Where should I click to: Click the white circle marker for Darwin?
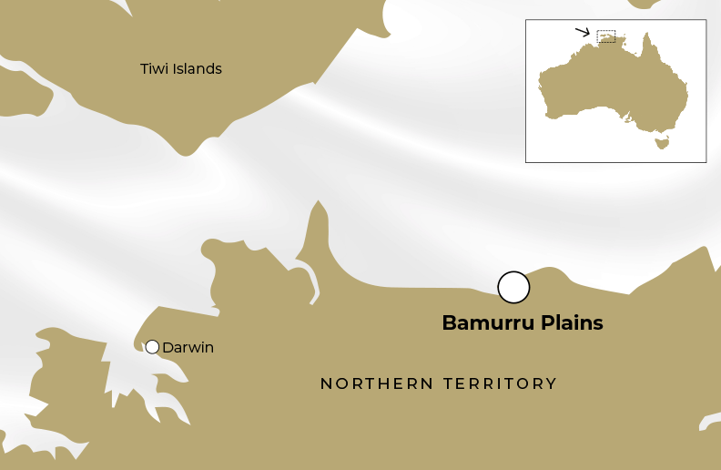click(152, 347)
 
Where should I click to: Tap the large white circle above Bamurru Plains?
click(513, 287)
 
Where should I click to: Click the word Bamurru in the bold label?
click(482, 323)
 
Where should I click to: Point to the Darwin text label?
click(188, 347)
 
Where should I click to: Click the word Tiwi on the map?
click(153, 68)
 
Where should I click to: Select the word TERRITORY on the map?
click(500, 383)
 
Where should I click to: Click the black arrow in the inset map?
click(583, 32)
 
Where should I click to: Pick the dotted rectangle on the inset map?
click(606, 36)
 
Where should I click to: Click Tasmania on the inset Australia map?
click(662, 142)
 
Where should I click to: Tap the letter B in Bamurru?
click(448, 323)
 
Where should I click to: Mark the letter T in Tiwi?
click(144, 68)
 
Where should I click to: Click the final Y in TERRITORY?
click(552, 383)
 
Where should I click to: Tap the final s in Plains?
click(598, 323)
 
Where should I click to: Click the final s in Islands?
click(218, 68)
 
